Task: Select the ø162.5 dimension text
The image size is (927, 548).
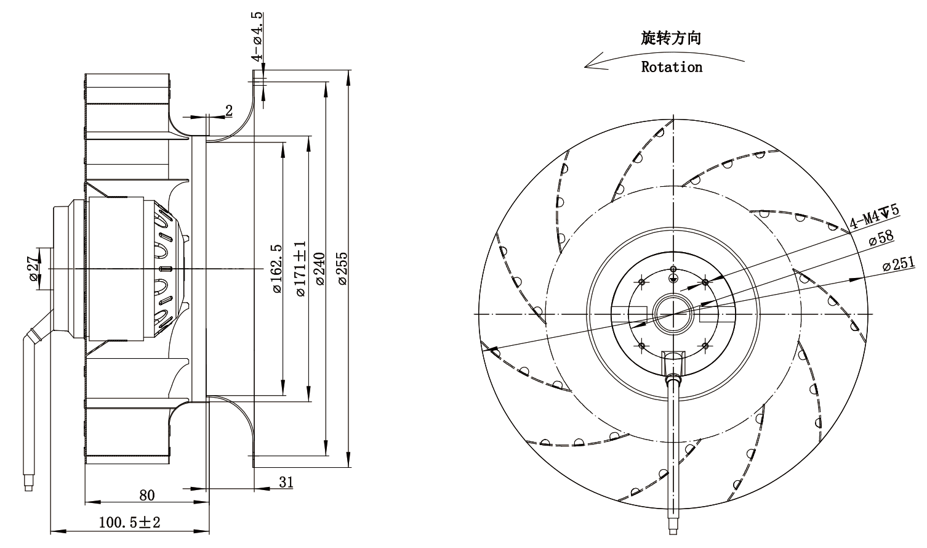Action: point(277,269)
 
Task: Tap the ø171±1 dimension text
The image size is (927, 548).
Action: point(301,269)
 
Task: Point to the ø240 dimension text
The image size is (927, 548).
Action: point(320,269)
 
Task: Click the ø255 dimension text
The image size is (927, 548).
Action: point(343,269)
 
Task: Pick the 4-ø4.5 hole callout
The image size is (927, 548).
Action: point(257,37)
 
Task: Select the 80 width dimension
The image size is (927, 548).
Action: point(147,495)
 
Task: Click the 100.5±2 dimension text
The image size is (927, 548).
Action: point(129,522)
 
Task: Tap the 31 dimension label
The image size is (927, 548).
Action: point(286,482)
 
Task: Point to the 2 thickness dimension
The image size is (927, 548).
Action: point(229,110)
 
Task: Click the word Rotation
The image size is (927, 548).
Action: point(672,67)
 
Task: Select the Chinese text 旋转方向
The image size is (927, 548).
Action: point(671,38)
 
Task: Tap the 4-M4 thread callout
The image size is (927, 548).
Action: point(875,217)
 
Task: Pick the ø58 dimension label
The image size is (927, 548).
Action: point(881,238)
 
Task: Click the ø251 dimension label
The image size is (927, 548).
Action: point(899,263)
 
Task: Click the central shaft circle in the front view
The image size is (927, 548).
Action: point(673,314)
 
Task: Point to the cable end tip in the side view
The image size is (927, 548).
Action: point(28,486)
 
